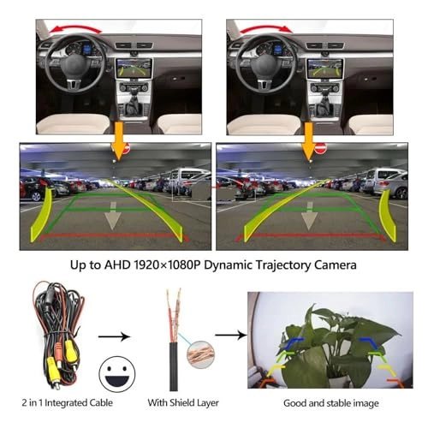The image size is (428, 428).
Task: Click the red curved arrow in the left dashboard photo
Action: click(x=74, y=27)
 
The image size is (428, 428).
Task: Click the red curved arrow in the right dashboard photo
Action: click(x=266, y=27)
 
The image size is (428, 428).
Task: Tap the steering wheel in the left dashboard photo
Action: click(x=75, y=62)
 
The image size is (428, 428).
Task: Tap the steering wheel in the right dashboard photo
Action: click(x=266, y=62)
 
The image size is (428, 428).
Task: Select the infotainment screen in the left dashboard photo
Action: click(x=134, y=68)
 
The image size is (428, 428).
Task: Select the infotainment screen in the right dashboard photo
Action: click(x=325, y=68)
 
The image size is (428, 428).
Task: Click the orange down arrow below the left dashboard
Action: click(x=118, y=141)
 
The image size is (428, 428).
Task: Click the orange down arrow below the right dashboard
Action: click(x=308, y=141)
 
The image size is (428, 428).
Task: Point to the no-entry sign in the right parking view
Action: click(x=320, y=148)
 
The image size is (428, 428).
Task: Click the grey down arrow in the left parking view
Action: click(x=113, y=216)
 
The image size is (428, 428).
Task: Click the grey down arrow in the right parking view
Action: click(x=309, y=216)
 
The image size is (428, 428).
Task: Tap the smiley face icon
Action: click(x=117, y=374)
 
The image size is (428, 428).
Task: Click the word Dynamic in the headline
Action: click(x=228, y=265)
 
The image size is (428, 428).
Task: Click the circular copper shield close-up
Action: click(x=200, y=354)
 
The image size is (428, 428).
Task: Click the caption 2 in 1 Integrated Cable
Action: click(x=68, y=403)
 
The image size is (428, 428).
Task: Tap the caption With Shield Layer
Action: click(x=183, y=403)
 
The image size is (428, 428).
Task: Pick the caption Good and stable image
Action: click(x=331, y=403)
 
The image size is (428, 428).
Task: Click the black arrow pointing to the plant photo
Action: click(x=231, y=335)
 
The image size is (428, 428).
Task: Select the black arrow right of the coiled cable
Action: click(x=114, y=336)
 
